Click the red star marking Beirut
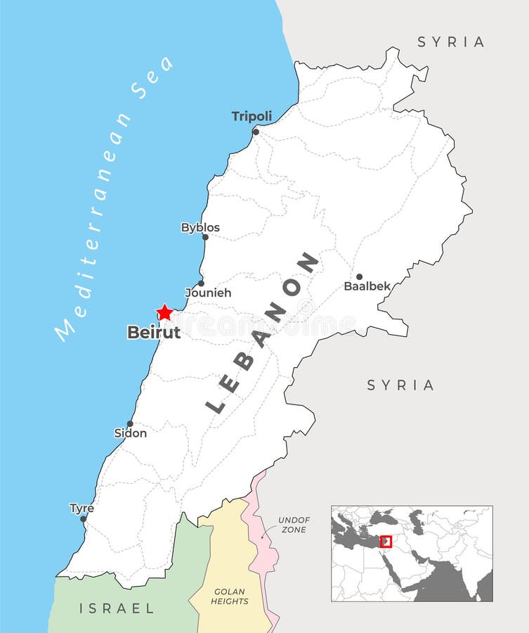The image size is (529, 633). click(x=164, y=312)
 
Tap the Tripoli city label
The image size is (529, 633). click(x=252, y=116)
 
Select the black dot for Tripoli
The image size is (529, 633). click(x=256, y=132)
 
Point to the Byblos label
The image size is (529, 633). click(x=200, y=227)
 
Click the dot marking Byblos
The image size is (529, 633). click(x=205, y=237)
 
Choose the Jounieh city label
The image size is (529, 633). click(x=208, y=293)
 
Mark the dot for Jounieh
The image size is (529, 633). click(x=201, y=283)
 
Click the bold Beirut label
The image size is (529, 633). click(x=153, y=332)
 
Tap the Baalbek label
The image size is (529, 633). click(x=367, y=286)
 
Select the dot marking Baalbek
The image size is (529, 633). click(x=359, y=277)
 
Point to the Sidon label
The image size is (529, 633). click(x=131, y=433)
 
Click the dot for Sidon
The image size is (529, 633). click(x=130, y=424)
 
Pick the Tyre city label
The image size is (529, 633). click(x=81, y=508)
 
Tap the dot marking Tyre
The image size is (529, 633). click(x=84, y=519)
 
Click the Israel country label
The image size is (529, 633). click(x=117, y=608)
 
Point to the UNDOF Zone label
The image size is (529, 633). click(x=294, y=525)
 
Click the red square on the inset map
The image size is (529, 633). click(x=386, y=541)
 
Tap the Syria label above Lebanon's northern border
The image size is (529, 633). click(x=451, y=41)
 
